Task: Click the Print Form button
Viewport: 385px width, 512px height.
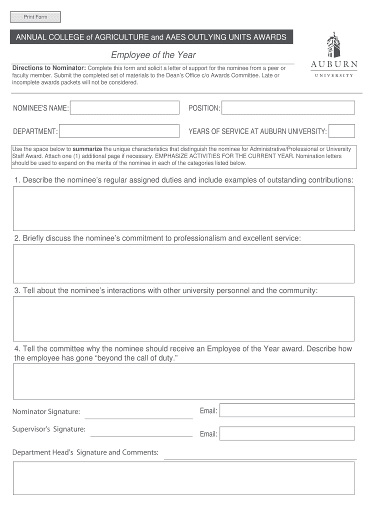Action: (x=35, y=17)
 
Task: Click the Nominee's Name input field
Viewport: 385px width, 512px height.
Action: (x=125, y=108)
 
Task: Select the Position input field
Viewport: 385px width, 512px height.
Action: (x=288, y=108)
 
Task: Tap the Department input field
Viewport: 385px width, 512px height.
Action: (x=119, y=131)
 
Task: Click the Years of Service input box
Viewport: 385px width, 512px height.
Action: (x=342, y=131)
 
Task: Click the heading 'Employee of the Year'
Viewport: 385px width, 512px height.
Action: (x=153, y=55)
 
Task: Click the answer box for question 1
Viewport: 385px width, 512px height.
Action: (x=183, y=208)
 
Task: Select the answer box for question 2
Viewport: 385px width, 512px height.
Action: (x=183, y=263)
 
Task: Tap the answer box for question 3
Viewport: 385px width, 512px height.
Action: (x=183, y=318)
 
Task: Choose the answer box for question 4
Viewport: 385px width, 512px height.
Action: (x=183, y=381)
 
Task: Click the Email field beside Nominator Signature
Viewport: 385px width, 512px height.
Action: (x=287, y=410)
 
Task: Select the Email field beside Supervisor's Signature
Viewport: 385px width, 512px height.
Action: (x=287, y=433)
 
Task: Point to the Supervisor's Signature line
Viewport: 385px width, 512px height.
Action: (x=141, y=432)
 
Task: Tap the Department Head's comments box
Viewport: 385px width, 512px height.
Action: (x=183, y=478)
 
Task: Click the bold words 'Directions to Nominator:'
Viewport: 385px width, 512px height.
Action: (x=49, y=68)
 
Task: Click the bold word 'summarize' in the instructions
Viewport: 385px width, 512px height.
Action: (x=87, y=149)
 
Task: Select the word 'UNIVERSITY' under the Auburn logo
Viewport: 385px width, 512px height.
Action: (x=334, y=75)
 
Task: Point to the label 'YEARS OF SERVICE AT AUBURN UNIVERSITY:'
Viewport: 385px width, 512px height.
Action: (x=257, y=131)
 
